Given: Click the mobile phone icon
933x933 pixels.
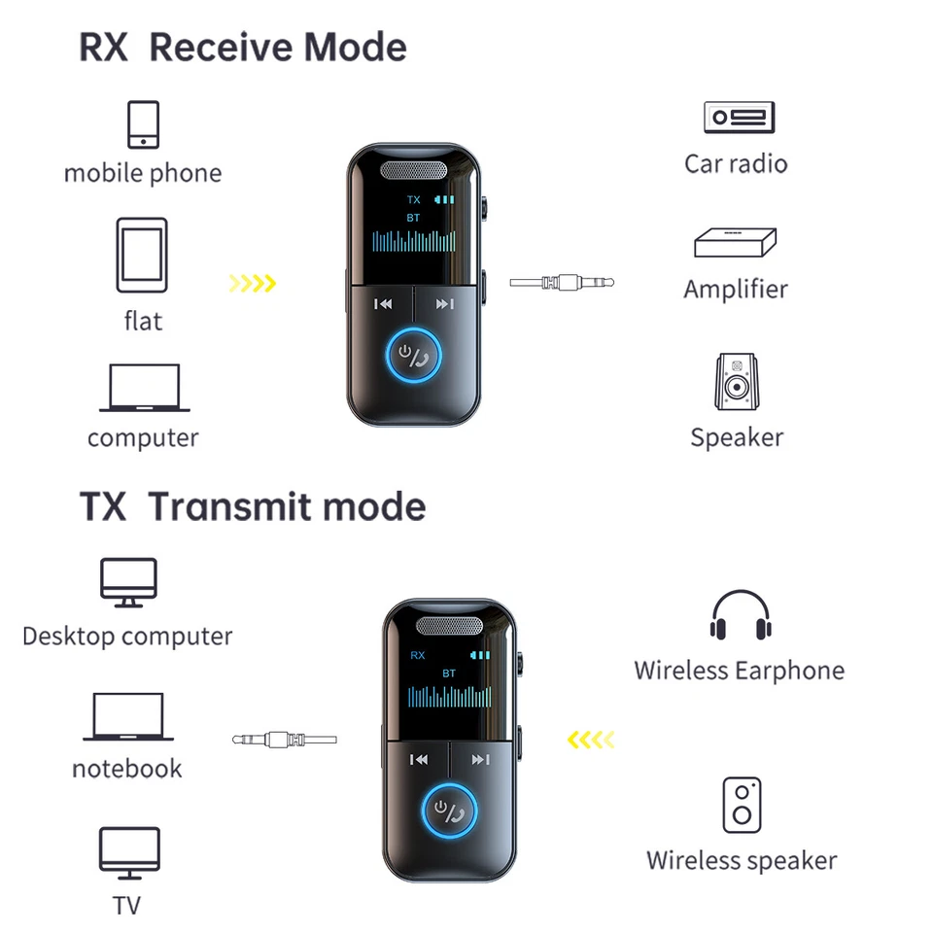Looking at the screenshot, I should (x=143, y=124).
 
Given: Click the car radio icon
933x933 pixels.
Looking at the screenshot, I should (x=739, y=118).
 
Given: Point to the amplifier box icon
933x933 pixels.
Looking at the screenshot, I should (x=736, y=243).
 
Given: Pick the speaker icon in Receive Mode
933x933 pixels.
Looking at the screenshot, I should (x=737, y=381).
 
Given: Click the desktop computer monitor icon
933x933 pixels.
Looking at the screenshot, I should (x=128, y=583).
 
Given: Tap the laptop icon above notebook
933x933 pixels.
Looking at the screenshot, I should (x=128, y=717).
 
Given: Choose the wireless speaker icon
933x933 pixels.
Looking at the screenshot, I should (x=742, y=805).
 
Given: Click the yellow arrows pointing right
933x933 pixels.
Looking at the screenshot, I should (x=253, y=284).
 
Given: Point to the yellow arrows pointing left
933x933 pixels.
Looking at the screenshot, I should (x=591, y=741).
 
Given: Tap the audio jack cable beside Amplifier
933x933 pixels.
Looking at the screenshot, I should (x=562, y=284).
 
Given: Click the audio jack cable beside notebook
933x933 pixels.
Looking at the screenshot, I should (x=285, y=741).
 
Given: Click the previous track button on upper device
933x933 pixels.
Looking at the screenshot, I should (x=384, y=304).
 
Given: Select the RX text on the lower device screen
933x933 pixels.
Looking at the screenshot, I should (x=417, y=655).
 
